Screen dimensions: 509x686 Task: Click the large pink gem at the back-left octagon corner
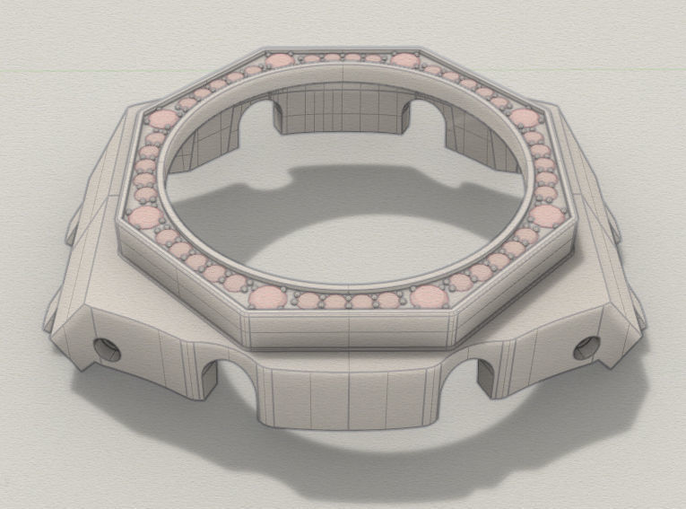(x=280, y=61)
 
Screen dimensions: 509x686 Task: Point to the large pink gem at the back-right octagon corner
(x=404, y=61)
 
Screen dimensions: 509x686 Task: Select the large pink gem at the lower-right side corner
(x=546, y=215)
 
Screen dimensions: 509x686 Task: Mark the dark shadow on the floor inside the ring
(x=296, y=193)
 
